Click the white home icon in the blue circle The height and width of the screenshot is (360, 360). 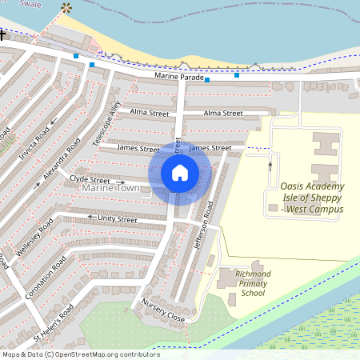tap(180, 172)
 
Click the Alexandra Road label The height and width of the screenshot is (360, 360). tap(65, 158)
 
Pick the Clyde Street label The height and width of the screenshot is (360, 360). tap(89, 180)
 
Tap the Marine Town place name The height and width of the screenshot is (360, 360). tap(110, 188)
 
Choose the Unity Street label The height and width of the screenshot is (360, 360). tap(117, 218)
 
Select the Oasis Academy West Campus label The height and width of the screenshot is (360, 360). tap(311, 198)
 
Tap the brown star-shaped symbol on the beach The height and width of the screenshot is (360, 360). tap(66, 9)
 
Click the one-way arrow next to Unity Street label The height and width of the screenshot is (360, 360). tap(91, 218)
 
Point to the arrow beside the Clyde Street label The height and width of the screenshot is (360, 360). tap(120, 182)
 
